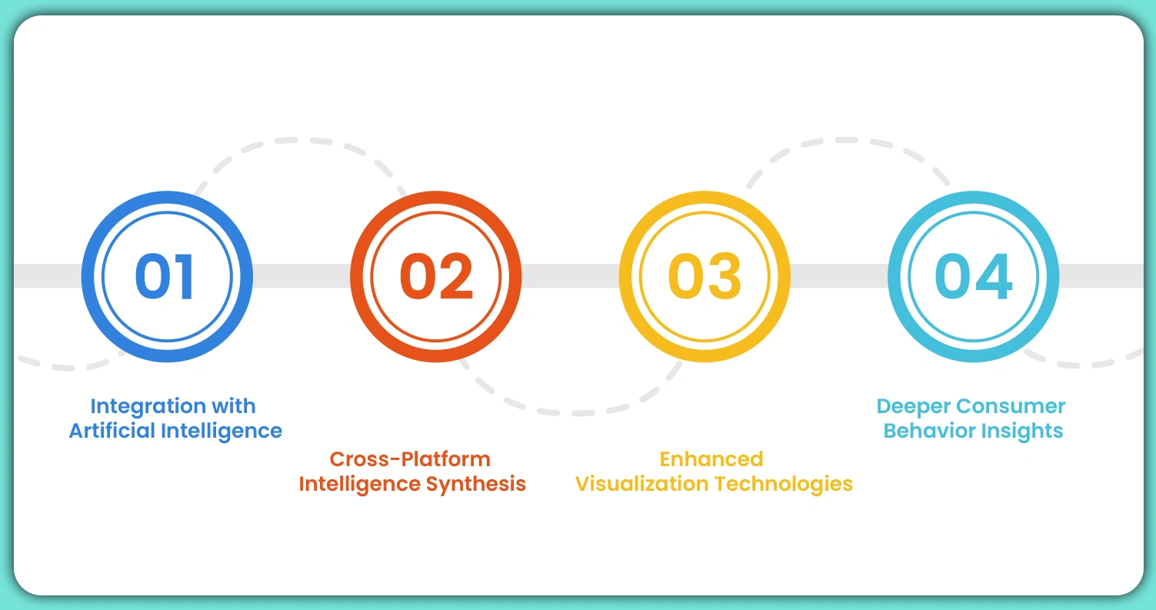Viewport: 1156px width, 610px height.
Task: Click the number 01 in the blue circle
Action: point(166,276)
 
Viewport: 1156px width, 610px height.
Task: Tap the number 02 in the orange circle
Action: point(435,276)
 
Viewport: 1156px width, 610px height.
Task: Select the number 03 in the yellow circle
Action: point(705,276)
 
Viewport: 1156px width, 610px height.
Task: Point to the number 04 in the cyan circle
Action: point(973,276)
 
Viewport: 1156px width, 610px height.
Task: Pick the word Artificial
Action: point(111,431)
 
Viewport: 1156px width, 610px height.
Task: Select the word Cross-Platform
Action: point(410,459)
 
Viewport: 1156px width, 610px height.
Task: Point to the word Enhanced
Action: point(711,459)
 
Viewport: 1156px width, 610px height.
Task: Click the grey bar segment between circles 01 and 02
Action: point(301,276)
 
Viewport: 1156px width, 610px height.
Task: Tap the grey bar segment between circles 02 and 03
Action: point(570,276)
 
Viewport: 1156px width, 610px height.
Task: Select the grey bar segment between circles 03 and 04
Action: point(838,276)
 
